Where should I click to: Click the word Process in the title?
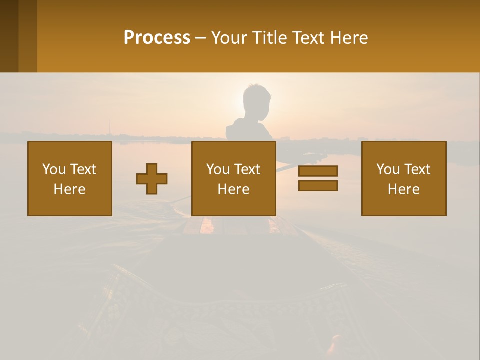[x=157, y=38]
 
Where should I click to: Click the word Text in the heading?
[x=306, y=38]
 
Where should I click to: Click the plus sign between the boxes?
[x=152, y=179]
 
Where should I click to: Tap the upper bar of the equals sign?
[x=318, y=171]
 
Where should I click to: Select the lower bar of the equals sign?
[x=318, y=185]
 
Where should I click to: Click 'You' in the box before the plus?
[x=53, y=169]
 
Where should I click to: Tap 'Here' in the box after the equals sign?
[x=404, y=189]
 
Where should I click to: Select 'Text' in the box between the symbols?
[x=248, y=169]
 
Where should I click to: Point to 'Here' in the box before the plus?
[x=70, y=189]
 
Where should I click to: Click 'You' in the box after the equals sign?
[x=387, y=169]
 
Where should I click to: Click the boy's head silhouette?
[x=257, y=101]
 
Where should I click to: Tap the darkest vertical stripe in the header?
[x=9, y=36]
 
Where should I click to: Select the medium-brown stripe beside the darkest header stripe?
[x=28, y=36]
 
